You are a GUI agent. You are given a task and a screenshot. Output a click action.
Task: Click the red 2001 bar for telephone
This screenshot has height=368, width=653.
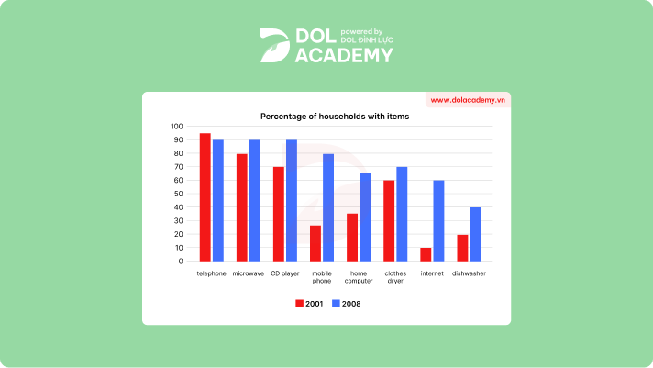(x=205, y=197)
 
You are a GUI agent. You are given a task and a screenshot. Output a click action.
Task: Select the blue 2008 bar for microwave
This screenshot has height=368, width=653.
(x=254, y=200)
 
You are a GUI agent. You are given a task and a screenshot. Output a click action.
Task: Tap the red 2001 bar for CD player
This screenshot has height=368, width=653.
(x=279, y=214)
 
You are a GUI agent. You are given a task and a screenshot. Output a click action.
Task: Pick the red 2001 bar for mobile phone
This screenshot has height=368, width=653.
(x=315, y=243)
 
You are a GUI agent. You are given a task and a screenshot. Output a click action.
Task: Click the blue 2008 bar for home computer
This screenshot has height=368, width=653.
(x=364, y=217)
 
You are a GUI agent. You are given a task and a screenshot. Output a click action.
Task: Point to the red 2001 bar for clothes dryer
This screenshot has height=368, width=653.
(x=389, y=220)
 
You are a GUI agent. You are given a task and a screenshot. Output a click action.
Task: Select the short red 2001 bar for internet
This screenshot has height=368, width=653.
(x=426, y=254)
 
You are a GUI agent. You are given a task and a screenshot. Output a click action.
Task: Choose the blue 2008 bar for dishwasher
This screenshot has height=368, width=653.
(x=474, y=234)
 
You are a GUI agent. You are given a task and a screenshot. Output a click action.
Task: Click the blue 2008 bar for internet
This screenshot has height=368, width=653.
(x=437, y=220)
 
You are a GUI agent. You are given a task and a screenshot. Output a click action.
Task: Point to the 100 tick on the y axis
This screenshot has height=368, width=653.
(x=177, y=127)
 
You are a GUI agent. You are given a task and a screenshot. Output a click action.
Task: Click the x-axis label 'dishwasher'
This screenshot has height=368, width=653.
(x=469, y=273)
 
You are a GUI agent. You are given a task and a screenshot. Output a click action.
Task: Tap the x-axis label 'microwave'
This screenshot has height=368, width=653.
(x=248, y=273)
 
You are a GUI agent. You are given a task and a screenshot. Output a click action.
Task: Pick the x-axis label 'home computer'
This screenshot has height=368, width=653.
(x=358, y=277)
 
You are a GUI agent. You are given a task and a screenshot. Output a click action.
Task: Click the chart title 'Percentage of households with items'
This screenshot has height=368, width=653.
(x=335, y=117)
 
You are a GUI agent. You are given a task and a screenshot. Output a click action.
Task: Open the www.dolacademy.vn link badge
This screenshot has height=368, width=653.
(x=468, y=100)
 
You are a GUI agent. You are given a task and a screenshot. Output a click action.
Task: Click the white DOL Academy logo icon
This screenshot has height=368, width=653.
(x=274, y=45)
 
